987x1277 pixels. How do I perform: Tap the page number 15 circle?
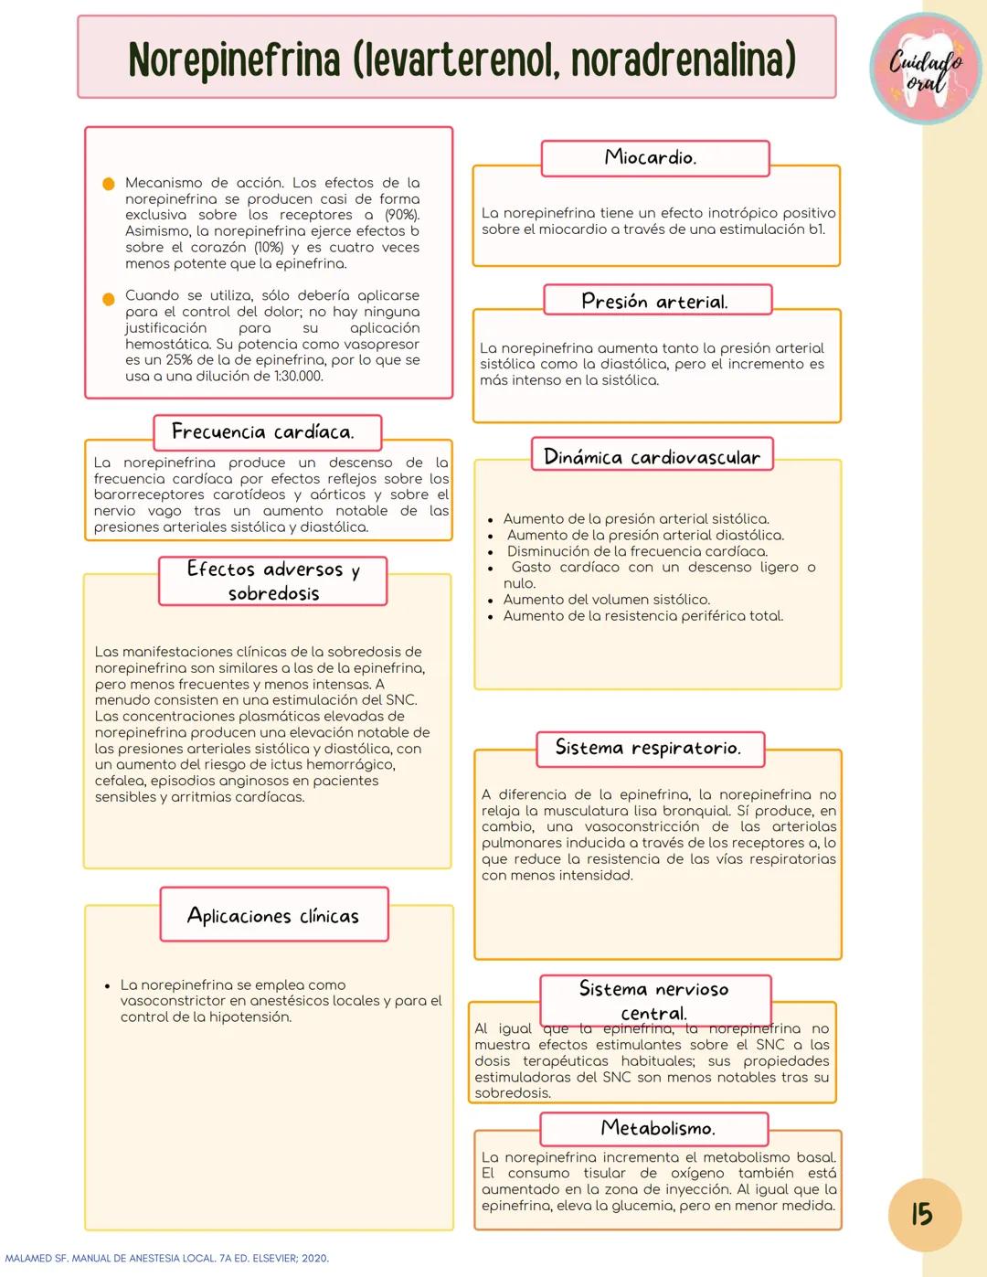pos(924,1214)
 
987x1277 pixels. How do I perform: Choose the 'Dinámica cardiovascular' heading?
pos(652,456)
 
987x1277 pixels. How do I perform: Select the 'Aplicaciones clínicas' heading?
pos(273,915)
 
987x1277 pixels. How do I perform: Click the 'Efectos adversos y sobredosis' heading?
pos(272,581)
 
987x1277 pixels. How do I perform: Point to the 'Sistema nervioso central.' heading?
pos(654,1000)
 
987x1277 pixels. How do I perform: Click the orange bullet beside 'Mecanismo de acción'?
pos(108,184)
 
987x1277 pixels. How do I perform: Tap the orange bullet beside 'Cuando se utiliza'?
pos(108,298)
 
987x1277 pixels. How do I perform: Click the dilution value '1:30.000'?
pos(298,377)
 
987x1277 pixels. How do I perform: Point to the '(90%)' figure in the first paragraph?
pos(402,215)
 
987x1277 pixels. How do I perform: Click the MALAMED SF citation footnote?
pos(166,1259)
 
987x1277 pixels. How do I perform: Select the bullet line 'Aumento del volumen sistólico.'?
pos(606,600)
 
